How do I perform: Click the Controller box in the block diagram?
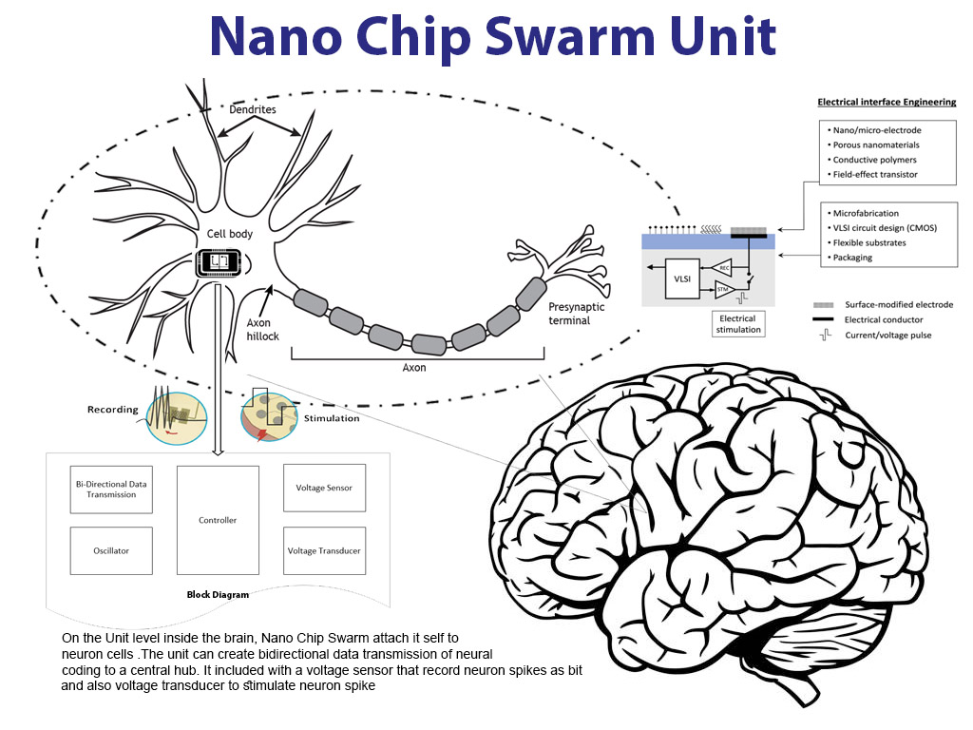tap(218, 520)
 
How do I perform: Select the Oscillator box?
tap(111, 550)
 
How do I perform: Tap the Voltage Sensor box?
tap(324, 489)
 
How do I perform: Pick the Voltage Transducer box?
tap(324, 550)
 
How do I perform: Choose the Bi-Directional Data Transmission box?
tap(111, 489)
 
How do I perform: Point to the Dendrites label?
tap(253, 109)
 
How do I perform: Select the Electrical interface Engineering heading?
tap(887, 102)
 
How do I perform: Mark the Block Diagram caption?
tap(218, 595)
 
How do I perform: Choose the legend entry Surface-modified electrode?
tap(898, 305)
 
